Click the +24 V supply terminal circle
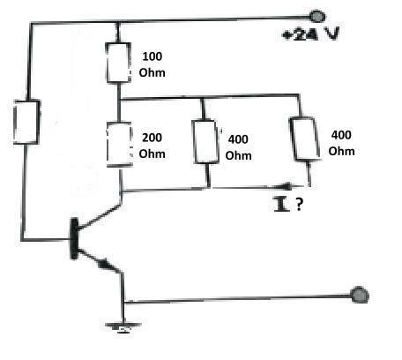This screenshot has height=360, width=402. click(317, 16)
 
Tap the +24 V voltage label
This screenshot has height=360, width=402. click(310, 34)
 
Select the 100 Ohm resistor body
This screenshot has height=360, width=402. click(118, 63)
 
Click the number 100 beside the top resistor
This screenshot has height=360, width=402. click(152, 56)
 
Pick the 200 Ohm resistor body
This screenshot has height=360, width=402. click(119, 145)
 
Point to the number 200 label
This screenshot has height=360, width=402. click(152, 138)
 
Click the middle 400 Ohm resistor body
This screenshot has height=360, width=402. click(205, 141)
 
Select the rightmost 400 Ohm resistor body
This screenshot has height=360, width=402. click(305, 139)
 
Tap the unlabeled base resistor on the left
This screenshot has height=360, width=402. click(26, 122)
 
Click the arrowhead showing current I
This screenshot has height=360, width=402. click(286, 186)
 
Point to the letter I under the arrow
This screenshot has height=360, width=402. click(281, 204)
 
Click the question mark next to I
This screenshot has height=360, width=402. click(299, 204)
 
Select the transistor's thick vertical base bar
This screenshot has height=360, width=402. click(74, 238)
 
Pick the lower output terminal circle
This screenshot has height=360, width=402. click(360, 295)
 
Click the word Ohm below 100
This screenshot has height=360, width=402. click(152, 72)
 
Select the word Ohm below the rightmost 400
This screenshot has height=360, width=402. click(341, 151)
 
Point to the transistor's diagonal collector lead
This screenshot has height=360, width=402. click(100, 216)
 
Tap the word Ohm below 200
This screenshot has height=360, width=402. click(152, 154)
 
